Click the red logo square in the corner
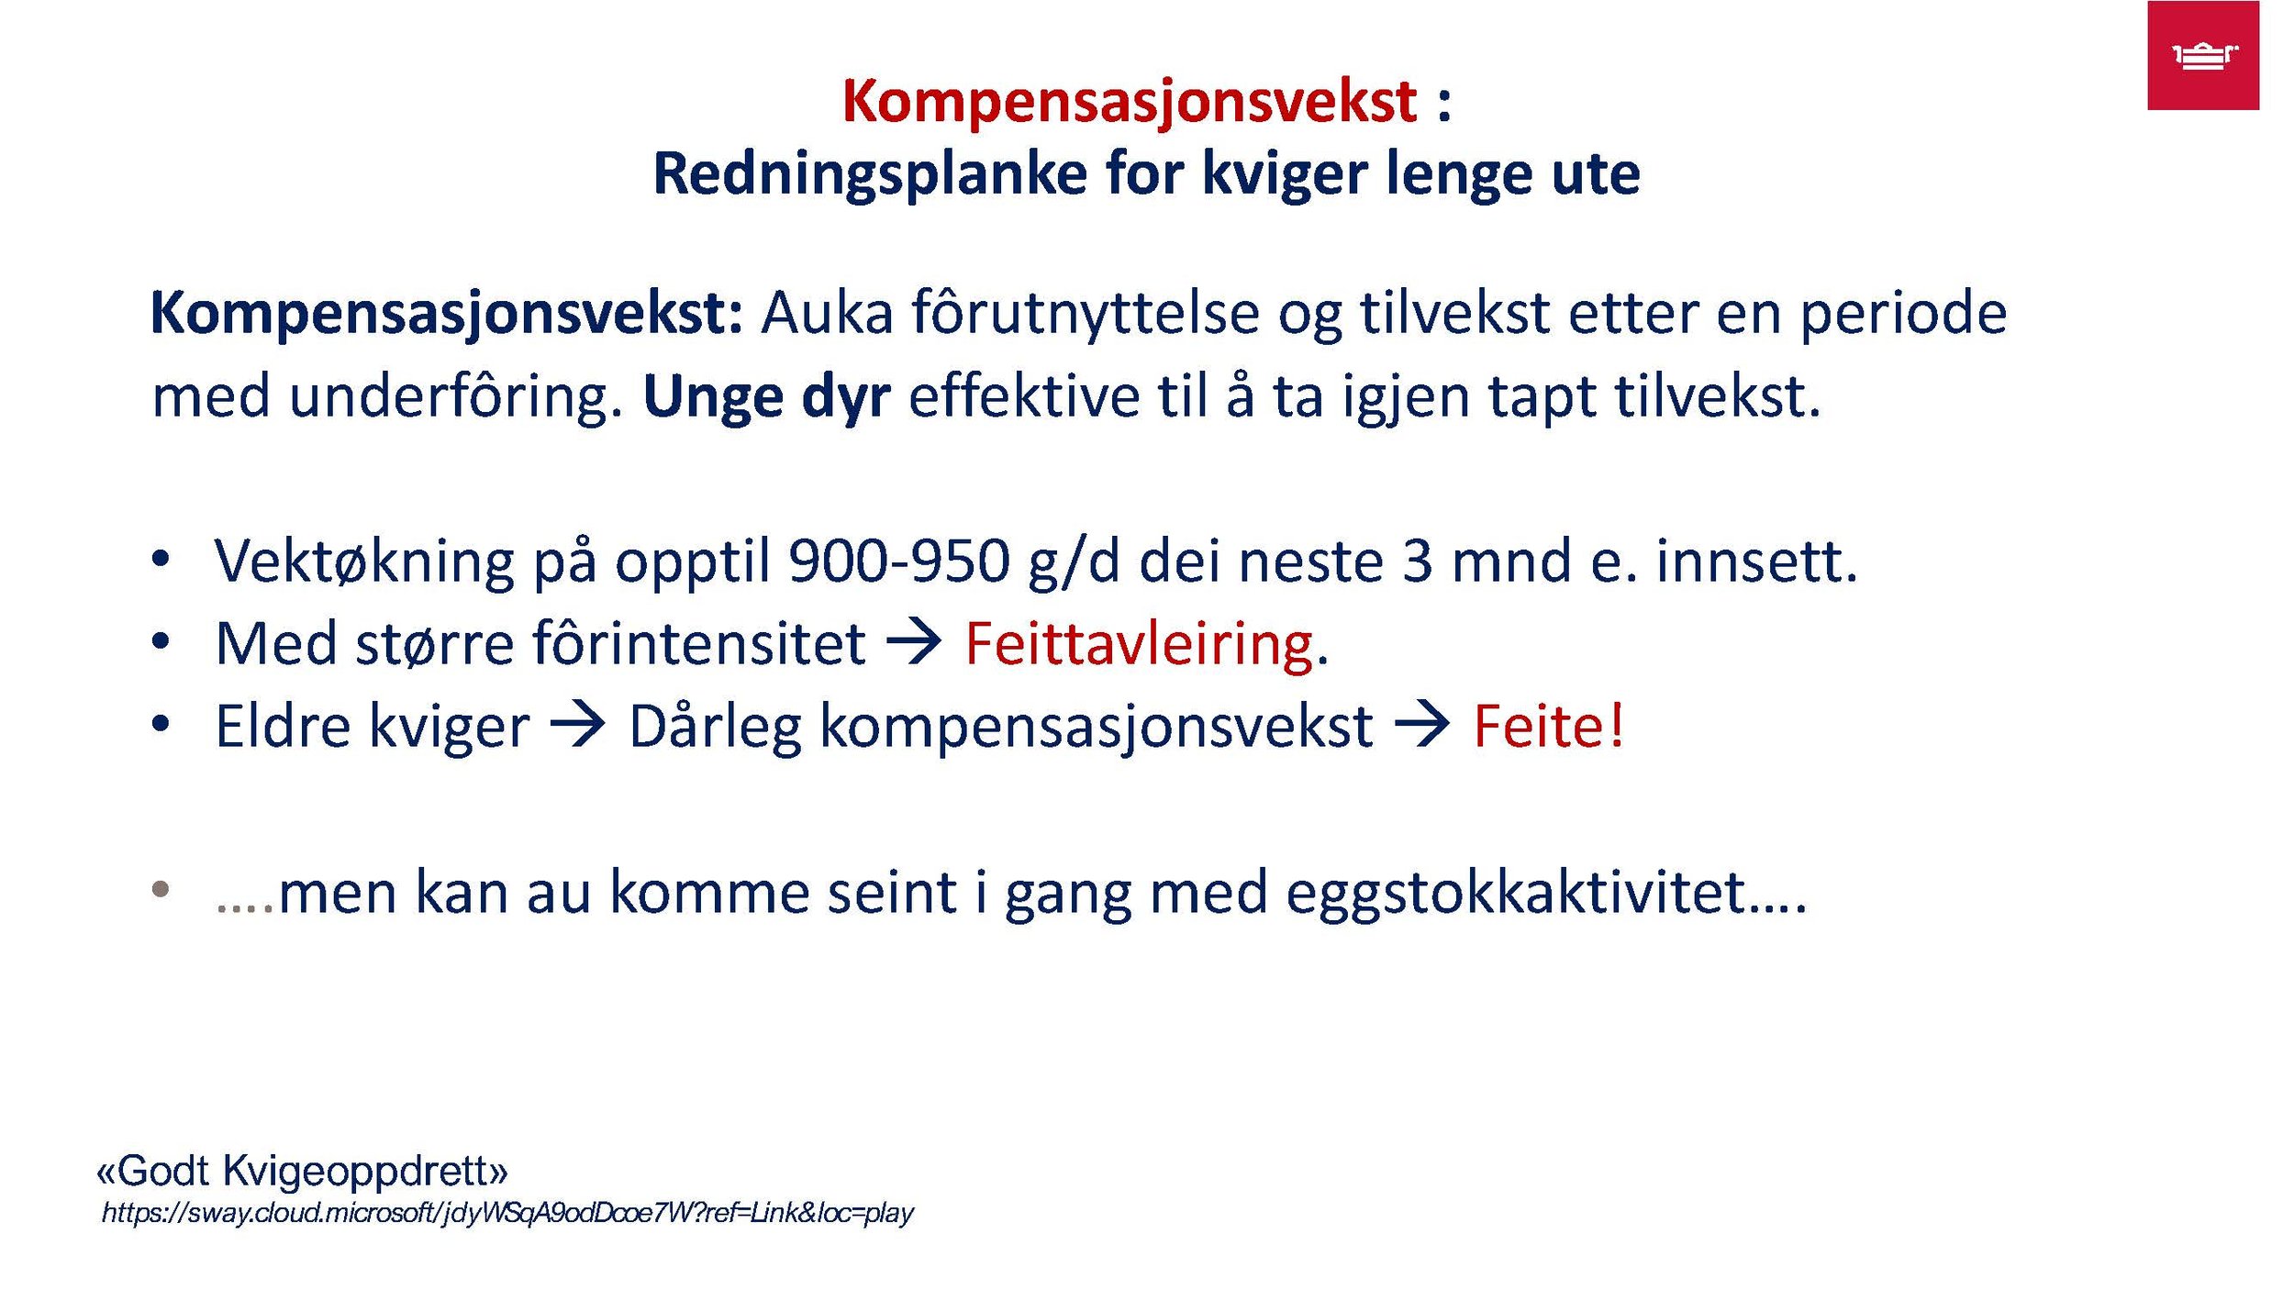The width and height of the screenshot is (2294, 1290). (x=2202, y=55)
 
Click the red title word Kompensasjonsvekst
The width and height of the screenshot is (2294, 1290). (x=1129, y=101)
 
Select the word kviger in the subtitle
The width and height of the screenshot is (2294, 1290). (x=1285, y=174)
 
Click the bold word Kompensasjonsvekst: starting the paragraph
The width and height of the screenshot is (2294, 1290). (x=446, y=314)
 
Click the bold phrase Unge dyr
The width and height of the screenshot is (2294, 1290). (x=766, y=397)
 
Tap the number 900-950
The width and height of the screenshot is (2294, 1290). (x=898, y=561)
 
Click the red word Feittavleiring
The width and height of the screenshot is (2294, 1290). (x=1139, y=644)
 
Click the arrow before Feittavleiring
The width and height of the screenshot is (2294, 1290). (x=914, y=642)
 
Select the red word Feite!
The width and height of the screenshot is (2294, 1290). (x=1549, y=727)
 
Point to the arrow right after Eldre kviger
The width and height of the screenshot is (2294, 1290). (x=578, y=725)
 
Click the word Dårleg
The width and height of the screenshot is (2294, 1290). (x=715, y=727)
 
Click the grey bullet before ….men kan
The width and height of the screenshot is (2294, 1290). (x=161, y=889)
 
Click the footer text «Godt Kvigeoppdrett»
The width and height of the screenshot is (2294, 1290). (x=302, y=1172)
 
